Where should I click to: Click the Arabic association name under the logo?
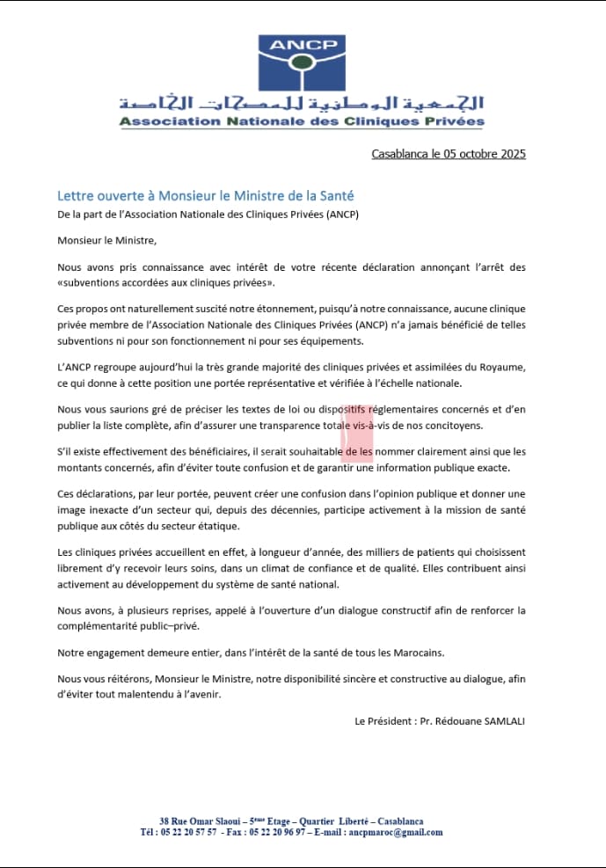coord(301,102)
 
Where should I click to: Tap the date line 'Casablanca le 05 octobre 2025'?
coord(449,154)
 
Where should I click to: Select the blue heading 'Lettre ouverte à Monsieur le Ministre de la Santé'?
coord(205,195)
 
